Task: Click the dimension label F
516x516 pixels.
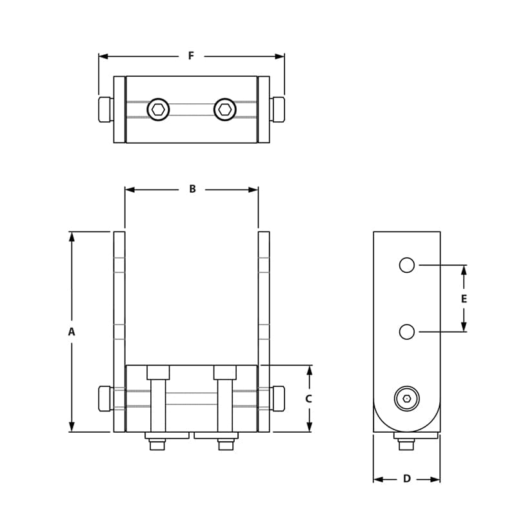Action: (x=191, y=56)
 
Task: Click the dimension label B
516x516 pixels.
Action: (x=192, y=189)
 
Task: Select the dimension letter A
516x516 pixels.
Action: (x=72, y=332)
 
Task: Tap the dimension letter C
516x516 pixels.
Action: (x=308, y=399)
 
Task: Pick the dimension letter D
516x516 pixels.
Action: (x=406, y=479)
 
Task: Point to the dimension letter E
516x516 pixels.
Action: (x=464, y=299)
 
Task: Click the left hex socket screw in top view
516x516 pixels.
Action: (x=158, y=109)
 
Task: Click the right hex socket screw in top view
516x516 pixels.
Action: (x=225, y=109)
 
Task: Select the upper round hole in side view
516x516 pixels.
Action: (x=406, y=264)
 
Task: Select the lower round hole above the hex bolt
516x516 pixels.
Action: (x=406, y=332)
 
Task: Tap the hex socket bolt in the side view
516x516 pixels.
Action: (x=406, y=399)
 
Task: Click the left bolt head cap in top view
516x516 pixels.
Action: (x=106, y=109)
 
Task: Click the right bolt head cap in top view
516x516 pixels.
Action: (x=278, y=109)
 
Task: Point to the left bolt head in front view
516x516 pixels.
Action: (x=106, y=398)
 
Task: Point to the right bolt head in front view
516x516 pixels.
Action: (x=278, y=398)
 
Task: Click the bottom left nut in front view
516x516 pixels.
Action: (x=157, y=444)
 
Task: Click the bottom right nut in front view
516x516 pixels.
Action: (x=225, y=444)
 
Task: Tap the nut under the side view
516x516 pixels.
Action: (x=406, y=444)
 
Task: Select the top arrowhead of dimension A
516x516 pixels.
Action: (x=72, y=236)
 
